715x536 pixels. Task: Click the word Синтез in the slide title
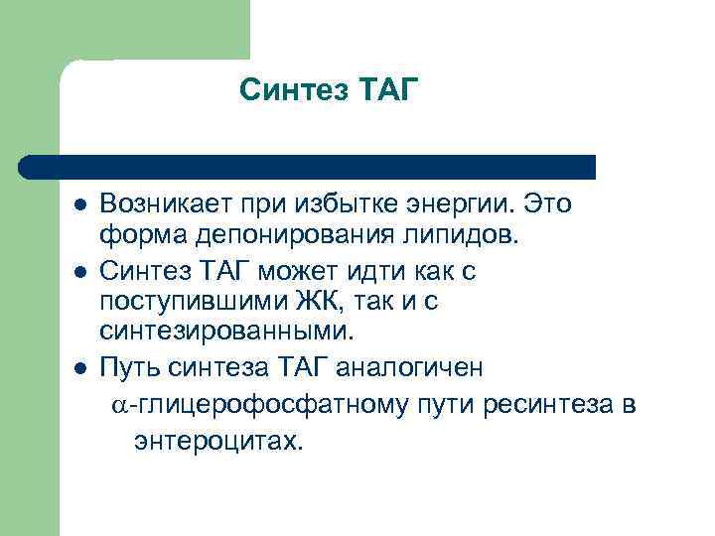(287, 91)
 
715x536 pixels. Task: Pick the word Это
(549, 203)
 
